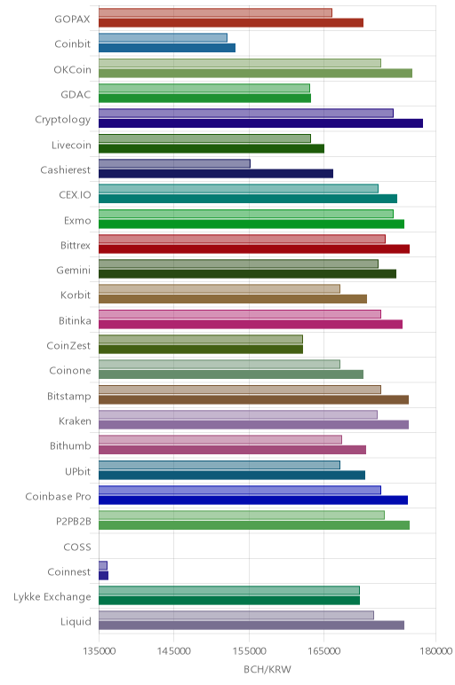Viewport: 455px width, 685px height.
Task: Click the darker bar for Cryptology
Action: point(260,123)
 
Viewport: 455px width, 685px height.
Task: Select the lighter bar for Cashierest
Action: point(174,163)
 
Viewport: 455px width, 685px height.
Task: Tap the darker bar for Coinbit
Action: point(167,48)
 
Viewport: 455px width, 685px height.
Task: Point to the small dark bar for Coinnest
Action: point(104,575)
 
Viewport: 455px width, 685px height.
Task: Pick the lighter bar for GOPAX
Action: point(215,12)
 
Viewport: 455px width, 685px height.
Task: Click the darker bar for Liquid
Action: point(251,626)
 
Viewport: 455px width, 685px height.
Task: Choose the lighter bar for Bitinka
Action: point(240,314)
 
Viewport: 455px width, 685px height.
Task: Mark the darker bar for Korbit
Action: point(233,299)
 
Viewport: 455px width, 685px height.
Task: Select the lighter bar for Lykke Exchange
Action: point(229,590)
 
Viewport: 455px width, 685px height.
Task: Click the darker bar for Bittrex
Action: point(254,249)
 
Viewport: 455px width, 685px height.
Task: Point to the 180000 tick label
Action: point(435,651)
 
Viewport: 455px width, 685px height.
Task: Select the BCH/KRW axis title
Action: point(267,669)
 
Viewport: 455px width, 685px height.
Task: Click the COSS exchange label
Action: point(77,547)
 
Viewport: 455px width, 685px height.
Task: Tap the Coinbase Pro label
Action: point(58,497)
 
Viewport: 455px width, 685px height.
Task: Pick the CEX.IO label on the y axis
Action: point(76,195)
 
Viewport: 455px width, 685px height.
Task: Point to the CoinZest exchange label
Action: point(68,345)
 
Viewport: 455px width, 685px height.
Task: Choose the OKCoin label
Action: point(73,70)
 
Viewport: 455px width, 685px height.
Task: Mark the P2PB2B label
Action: point(74,522)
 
